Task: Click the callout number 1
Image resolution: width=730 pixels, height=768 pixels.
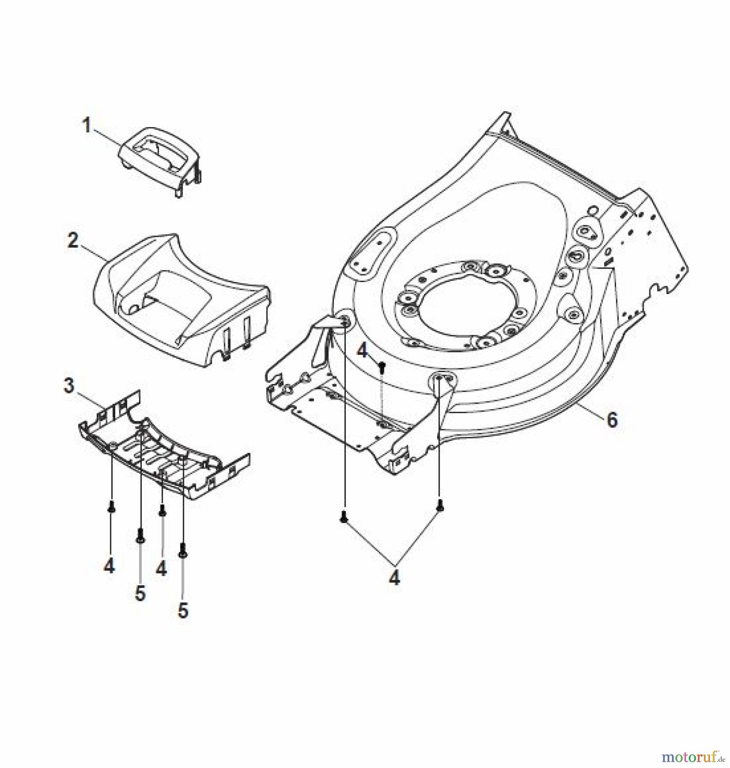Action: click(x=87, y=126)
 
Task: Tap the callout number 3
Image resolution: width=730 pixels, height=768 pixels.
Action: click(x=68, y=386)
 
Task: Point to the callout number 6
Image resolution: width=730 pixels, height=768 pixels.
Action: click(x=612, y=420)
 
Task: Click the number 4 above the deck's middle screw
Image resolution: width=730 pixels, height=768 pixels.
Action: click(x=362, y=351)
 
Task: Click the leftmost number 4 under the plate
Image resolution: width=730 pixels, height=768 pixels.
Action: click(x=109, y=566)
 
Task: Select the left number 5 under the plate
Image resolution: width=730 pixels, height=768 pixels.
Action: click(x=140, y=593)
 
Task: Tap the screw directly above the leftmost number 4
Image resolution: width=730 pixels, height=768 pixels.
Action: click(x=111, y=507)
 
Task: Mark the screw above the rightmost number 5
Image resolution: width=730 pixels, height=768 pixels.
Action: click(x=183, y=550)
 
